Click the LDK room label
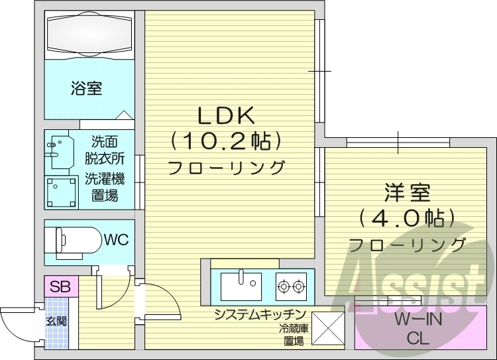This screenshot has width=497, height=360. pyautogui.click(x=226, y=116)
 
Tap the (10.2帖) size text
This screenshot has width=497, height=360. pyautogui.click(x=226, y=141)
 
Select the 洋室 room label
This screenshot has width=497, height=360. pyautogui.click(x=407, y=194)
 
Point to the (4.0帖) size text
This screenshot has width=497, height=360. pyautogui.click(x=407, y=217)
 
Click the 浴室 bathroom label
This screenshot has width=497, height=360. pyautogui.click(x=86, y=88)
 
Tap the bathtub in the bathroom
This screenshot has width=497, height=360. pyautogui.click(x=89, y=34)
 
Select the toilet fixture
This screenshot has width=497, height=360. pyautogui.click(x=74, y=238)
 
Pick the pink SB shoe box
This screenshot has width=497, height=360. pyautogui.click(x=61, y=287)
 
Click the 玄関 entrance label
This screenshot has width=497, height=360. pyautogui.click(x=55, y=322)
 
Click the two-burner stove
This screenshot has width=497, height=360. pyautogui.click(x=292, y=286)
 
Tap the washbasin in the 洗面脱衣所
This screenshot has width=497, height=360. pyautogui.click(x=60, y=151)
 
